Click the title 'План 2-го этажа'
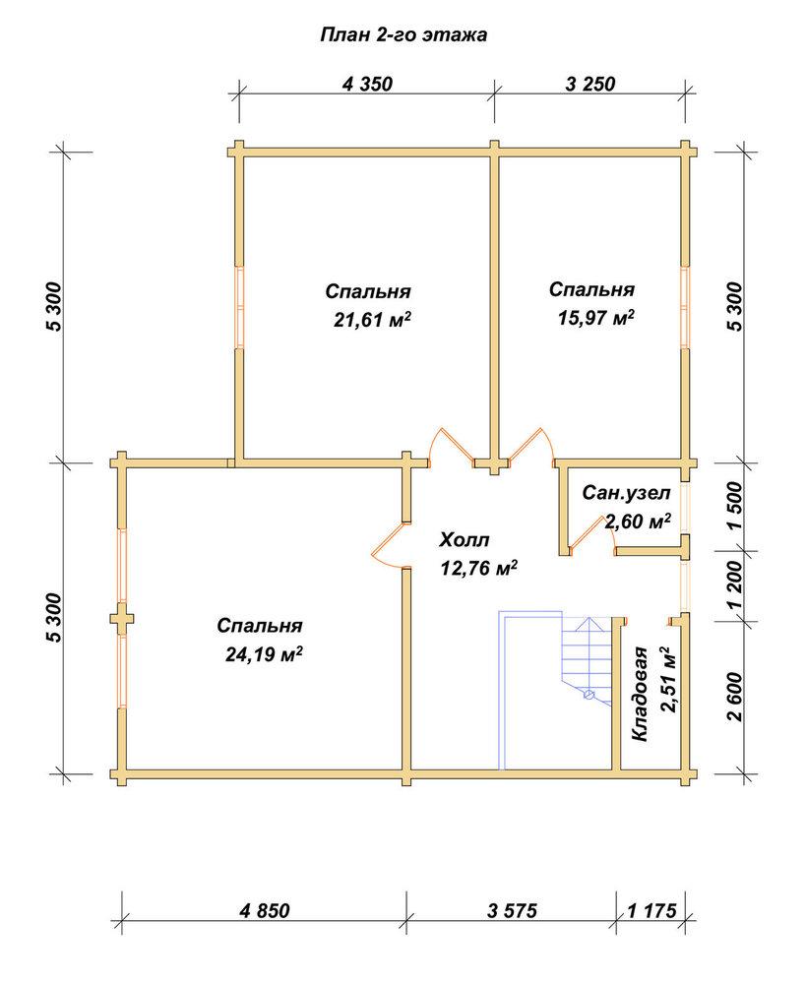(403, 34)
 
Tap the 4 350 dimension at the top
(367, 84)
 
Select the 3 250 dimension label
(590, 84)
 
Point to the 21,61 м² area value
(372, 320)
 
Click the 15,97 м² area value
(595, 318)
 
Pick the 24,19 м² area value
(264, 654)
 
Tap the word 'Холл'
(464, 539)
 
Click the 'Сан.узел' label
(626, 493)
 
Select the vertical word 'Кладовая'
(640, 694)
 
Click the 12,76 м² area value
(479, 569)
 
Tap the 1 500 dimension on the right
(734, 507)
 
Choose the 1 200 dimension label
(734, 584)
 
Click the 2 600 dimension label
(734, 697)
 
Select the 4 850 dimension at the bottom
(265, 910)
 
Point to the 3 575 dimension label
(512, 910)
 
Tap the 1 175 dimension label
(652, 910)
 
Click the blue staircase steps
(587, 659)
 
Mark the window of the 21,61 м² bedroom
(239, 307)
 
